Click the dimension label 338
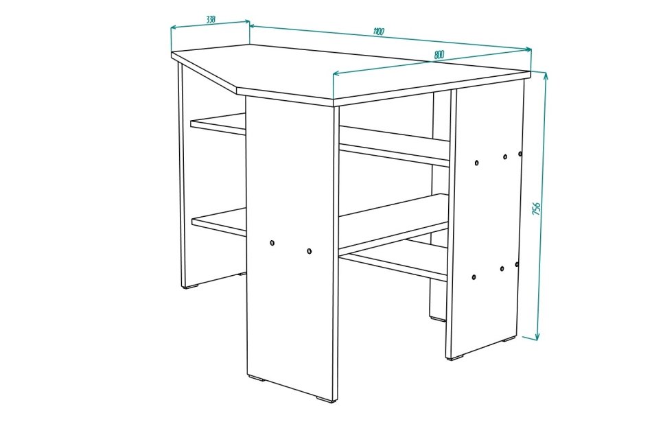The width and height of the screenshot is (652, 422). (x=211, y=19)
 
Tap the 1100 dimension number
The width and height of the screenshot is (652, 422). (x=378, y=32)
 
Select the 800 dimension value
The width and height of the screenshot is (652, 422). (x=439, y=54)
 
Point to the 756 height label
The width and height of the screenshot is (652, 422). (x=537, y=209)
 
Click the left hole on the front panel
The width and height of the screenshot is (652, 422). (x=272, y=243)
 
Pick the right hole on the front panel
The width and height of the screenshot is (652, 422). (x=309, y=251)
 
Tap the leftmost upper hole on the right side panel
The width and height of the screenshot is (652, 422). (x=476, y=163)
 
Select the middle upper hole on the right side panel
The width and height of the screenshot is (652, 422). (x=505, y=157)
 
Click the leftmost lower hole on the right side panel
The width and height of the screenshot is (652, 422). (x=474, y=277)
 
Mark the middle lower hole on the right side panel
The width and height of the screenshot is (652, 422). (x=502, y=269)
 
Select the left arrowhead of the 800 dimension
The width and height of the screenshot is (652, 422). (x=337, y=73)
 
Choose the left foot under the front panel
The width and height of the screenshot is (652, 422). (x=257, y=378)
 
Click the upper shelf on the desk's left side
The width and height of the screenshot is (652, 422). (x=218, y=124)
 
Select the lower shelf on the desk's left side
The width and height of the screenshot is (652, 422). (x=219, y=222)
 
